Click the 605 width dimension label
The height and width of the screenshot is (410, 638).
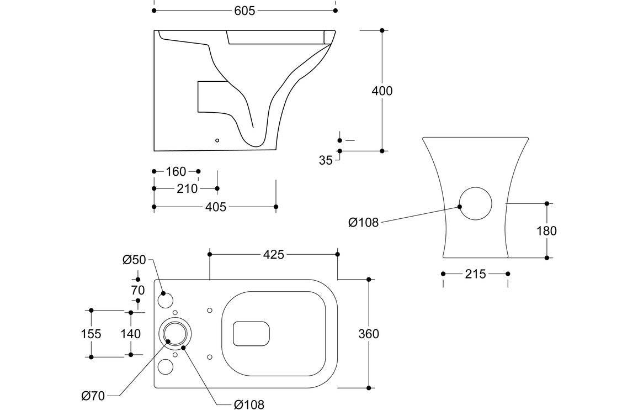coord(244,11)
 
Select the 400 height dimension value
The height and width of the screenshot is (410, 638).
coord(381,91)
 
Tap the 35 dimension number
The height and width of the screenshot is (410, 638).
coord(326,160)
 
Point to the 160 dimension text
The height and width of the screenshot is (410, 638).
coord(176,172)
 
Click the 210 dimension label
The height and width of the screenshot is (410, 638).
coord(187,189)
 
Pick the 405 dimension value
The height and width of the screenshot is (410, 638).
coord(215,207)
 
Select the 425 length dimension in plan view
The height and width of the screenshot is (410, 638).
coord(273,254)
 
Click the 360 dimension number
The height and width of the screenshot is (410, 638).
coord(369,334)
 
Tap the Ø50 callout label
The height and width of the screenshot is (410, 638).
coord(134,260)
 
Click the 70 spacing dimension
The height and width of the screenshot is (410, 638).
coord(138,290)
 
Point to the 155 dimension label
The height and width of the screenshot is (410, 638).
coord(91,334)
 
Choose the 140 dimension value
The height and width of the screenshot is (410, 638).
coord(130,334)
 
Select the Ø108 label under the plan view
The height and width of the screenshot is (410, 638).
coord(249,404)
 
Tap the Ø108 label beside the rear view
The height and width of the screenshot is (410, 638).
coord(363,223)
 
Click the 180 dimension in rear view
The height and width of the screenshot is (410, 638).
coord(546,230)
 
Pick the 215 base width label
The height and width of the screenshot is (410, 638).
coord(475,274)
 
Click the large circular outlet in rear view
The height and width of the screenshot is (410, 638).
coord(475,204)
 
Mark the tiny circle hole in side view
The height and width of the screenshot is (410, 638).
coord(217,140)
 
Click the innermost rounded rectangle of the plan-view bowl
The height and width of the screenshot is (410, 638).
coord(252,334)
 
